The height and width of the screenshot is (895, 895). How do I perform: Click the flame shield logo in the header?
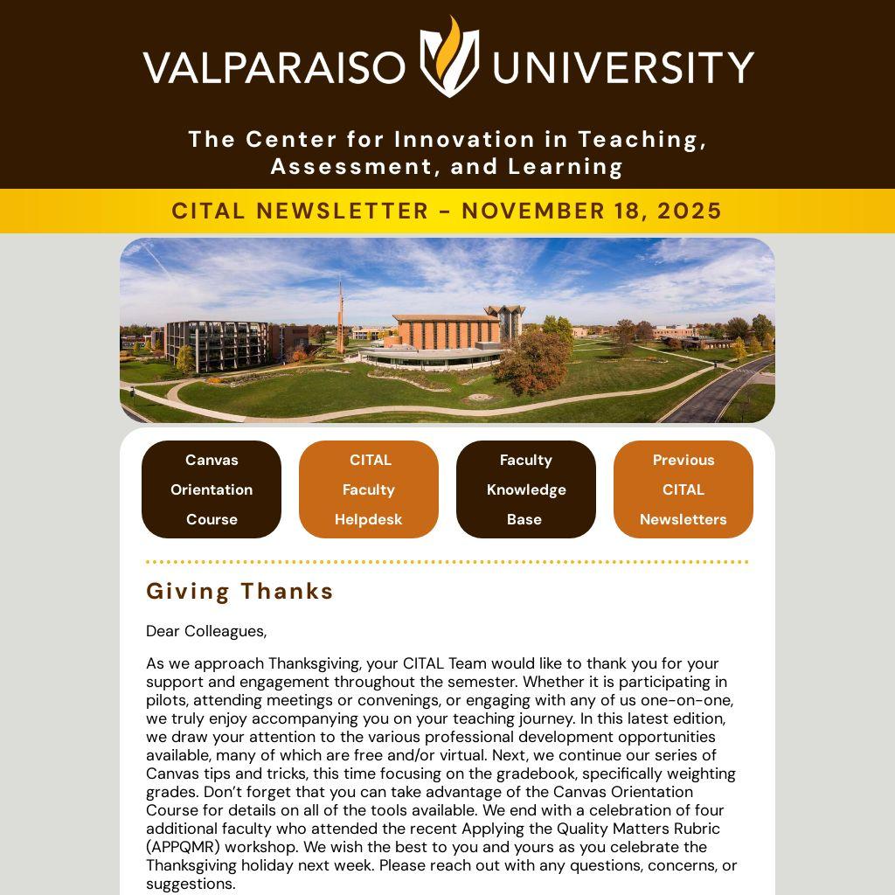449,57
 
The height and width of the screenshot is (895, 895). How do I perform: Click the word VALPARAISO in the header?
274,67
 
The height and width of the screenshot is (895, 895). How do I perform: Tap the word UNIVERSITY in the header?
622,67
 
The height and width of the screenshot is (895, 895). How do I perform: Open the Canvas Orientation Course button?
212,489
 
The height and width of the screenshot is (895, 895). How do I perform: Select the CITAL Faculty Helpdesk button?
369,489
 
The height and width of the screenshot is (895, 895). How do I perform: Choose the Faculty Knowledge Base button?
526,489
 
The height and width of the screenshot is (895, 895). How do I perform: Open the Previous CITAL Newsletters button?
683,489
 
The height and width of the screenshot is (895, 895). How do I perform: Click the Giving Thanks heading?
239,592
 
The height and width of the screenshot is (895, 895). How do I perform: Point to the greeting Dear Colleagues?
206,631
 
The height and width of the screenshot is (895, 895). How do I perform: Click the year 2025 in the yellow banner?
690,212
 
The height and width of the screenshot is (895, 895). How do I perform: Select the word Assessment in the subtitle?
346,167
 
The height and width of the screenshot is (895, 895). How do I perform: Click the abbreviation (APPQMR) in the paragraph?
182,847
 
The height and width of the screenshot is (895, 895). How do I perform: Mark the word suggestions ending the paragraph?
190,884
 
